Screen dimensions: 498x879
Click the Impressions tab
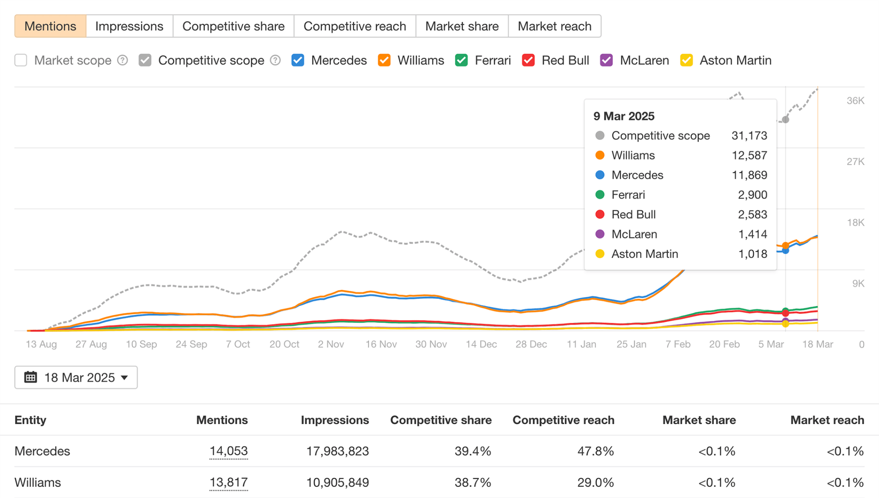[129, 26]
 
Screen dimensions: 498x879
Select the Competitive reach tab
[355, 26]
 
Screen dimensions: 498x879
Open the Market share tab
[462, 26]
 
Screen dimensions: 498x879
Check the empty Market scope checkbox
[21, 60]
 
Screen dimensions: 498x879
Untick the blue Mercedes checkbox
[298, 60]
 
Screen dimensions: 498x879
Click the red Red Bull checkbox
[528, 60]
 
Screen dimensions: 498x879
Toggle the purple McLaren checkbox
[606, 60]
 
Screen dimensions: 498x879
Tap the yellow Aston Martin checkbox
[686, 60]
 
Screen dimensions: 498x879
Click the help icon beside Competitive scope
[276, 60]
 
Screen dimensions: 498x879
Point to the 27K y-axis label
[855, 162]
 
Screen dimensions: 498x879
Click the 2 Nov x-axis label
[331, 344]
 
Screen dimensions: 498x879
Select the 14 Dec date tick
[481, 344]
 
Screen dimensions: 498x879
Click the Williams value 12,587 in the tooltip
[749, 155]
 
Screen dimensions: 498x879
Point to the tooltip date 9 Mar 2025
[624, 116]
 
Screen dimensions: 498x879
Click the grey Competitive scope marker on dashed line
[785, 120]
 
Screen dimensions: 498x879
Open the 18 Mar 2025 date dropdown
[76, 377]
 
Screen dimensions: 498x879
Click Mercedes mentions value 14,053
[228, 451]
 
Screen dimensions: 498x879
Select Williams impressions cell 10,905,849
[337, 483]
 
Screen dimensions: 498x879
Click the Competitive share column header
[441, 420]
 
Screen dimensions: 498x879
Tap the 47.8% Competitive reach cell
[595, 451]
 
